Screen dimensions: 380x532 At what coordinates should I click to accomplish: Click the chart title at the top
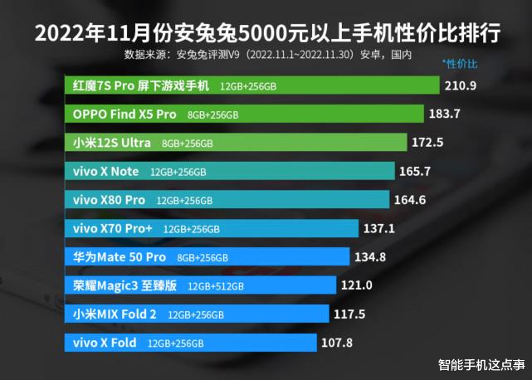pos(266,33)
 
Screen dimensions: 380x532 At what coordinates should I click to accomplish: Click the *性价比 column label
pos(460,63)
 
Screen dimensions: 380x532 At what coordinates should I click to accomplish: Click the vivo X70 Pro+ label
pos(114,228)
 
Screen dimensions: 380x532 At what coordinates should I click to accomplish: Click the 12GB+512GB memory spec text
pos(216,286)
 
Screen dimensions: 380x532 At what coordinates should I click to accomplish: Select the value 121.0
pos(357,285)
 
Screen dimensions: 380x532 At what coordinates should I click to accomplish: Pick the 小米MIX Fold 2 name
pos(115,314)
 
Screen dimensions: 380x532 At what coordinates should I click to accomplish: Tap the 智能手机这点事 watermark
pos(481,364)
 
